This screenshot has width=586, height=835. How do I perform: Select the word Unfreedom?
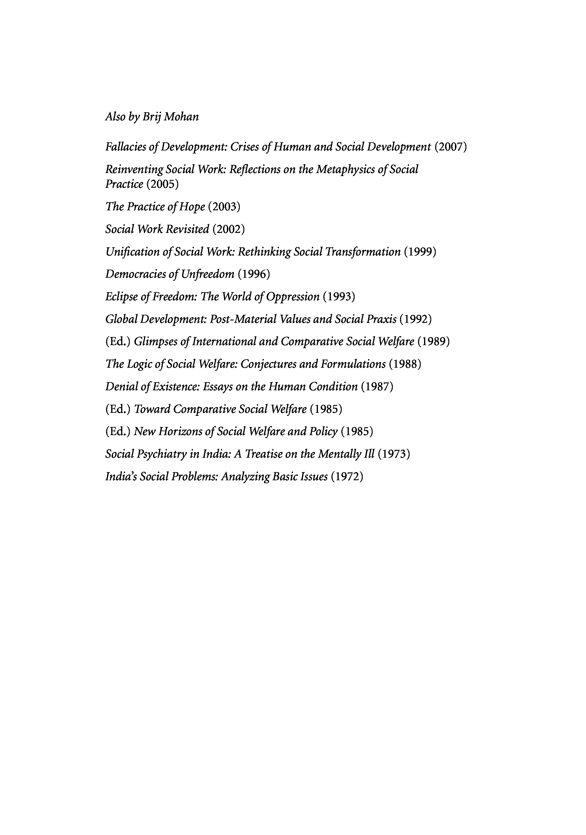[207, 274]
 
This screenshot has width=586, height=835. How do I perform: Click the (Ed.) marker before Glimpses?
[118, 342]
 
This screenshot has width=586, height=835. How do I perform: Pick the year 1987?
[377, 387]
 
